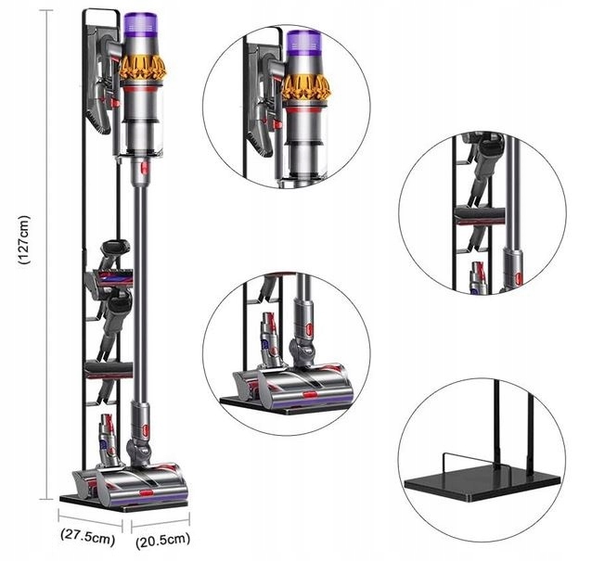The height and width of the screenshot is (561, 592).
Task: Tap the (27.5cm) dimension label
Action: [88, 535]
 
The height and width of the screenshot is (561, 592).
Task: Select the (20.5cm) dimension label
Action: [162, 538]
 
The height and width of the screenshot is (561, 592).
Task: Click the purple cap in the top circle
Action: [303, 45]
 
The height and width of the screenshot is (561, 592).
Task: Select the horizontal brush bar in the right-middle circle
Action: [479, 216]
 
